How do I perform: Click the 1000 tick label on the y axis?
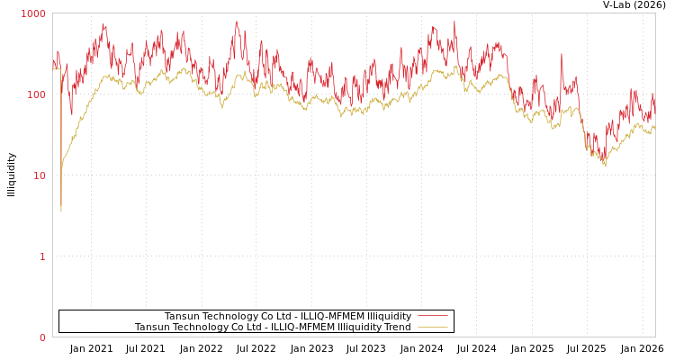coord(33,14)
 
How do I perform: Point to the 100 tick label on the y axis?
coord(36,94)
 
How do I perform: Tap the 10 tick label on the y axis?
coord(39,175)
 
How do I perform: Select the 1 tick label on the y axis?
coord(41,256)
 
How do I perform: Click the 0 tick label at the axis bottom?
coord(41,337)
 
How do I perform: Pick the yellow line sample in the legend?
coord(432,328)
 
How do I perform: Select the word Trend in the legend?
coord(395,328)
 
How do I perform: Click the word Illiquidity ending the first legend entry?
coord(389,317)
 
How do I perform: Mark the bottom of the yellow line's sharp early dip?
coord(61,211)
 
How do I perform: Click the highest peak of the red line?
coord(237,21)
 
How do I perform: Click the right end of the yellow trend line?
coord(654,127)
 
